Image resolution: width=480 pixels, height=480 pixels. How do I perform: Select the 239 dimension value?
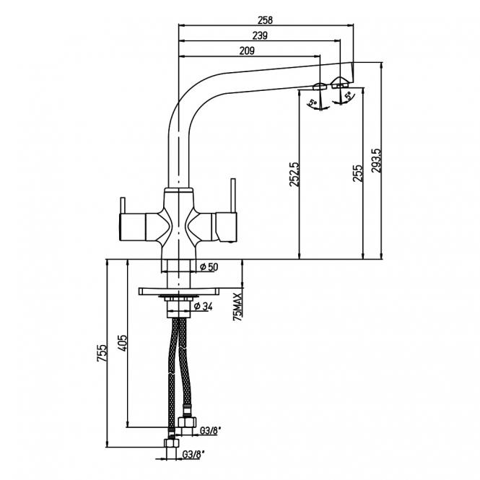click(x=261, y=36)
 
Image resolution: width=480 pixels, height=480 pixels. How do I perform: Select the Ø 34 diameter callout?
click(x=205, y=307)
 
